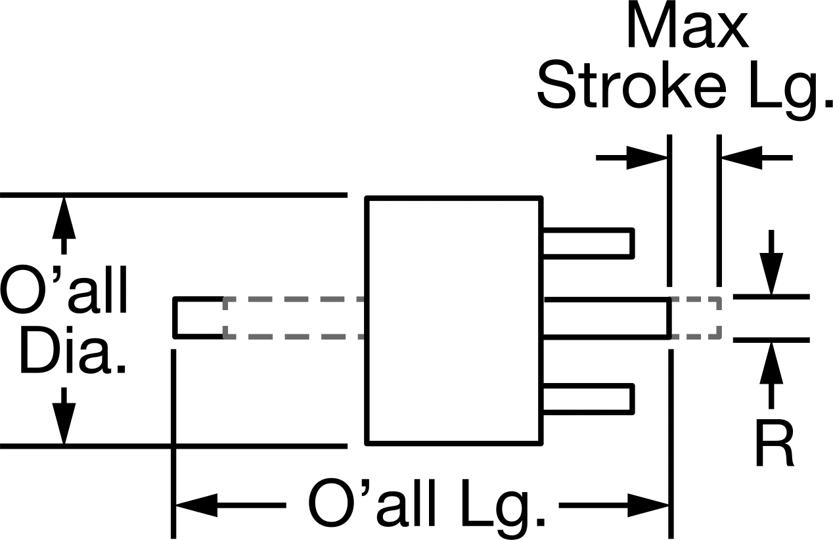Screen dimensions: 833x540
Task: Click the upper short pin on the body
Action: pyautogui.click(x=588, y=243)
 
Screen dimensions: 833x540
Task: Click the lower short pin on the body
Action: pyautogui.click(x=588, y=399)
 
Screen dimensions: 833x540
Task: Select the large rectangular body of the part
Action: pyautogui.click(x=454, y=320)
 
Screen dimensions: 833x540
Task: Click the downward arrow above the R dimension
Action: pyautogui.click(x=771, y=263)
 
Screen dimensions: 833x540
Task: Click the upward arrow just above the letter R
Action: pyautogui.click(x=771, y=376)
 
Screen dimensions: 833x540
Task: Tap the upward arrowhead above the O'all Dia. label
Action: pyautogui.click(x=64, y=217)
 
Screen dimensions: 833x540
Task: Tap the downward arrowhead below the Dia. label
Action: pyautogui.click(x=64, y=424)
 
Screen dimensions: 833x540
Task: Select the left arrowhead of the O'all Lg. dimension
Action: pyautogui.click(x=196, y=505)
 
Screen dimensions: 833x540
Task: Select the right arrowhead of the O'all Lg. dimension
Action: pyautogui.click(x=649, y=505)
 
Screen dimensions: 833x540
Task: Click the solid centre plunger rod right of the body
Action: pyautogui.click(x=607, y=318)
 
